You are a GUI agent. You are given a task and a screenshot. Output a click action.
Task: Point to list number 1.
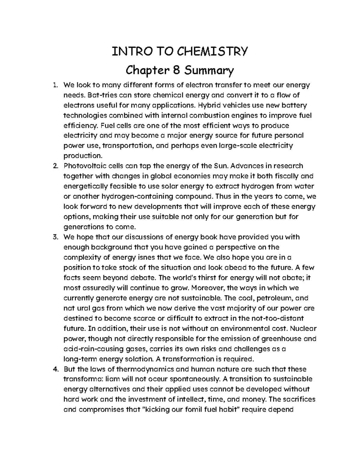55,85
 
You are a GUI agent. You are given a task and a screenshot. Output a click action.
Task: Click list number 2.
55,166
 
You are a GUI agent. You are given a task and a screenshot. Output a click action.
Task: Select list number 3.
55,237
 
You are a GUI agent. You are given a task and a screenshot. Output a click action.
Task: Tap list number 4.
55,369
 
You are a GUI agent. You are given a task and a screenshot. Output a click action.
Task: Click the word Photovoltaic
84,166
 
